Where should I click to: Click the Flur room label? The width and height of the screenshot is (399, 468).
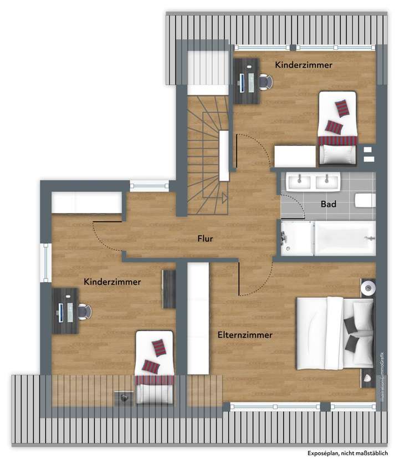point(206,240)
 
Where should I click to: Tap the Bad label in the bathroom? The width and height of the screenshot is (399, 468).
point(329,204)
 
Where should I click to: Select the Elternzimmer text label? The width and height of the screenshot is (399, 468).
point(244,335)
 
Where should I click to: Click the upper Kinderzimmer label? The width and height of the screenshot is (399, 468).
point(304,65)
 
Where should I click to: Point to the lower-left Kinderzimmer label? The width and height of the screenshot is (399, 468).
point(112,282)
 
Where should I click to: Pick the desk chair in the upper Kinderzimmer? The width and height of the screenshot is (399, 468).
point(265,82)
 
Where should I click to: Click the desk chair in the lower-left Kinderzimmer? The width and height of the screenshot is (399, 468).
point(83,312)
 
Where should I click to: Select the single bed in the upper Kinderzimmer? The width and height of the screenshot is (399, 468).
point(337,128)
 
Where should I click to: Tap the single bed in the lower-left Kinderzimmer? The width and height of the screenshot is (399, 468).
point(155,367)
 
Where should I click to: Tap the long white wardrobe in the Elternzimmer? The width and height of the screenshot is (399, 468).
point(198,318)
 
